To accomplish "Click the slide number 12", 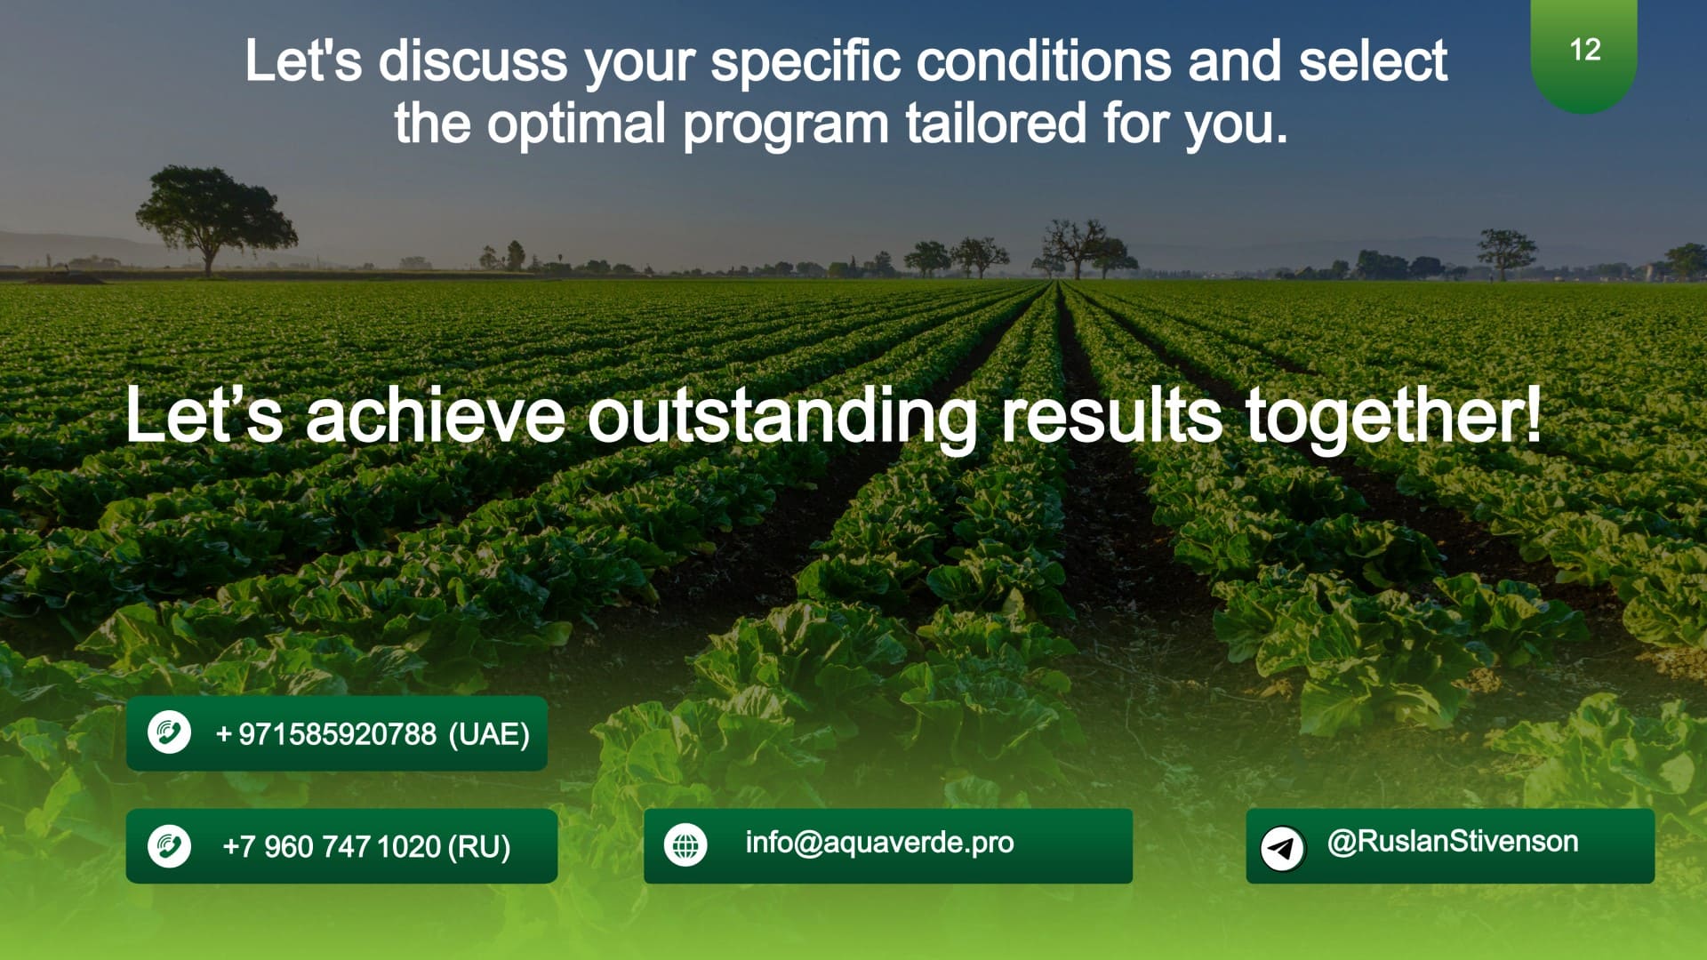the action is (x=1585, y=50).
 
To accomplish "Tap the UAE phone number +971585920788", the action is (x=326, y=734).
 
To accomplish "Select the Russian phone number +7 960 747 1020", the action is (x=332, y=846).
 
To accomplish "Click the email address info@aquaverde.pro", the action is (x=879, y=843).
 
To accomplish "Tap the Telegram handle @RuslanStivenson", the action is (x=1453, y=841).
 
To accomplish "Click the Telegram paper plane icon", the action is (x=1282, y=847).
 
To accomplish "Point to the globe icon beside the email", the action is (x=685, y=845).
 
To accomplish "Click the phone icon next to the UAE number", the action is (x=169, y=733).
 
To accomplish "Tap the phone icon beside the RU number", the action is (x=169, y=845).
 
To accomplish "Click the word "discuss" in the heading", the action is (x=473, y=61).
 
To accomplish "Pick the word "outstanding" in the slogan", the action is (x=782, y=416).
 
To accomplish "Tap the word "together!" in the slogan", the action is (x=1392, y=416).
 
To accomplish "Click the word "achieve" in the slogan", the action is (x=436, y=416).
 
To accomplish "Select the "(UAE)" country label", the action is (x=489, y=734).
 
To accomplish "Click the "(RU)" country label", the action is (x=479, y=846).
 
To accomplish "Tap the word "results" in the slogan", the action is (x=1111, y=416).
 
